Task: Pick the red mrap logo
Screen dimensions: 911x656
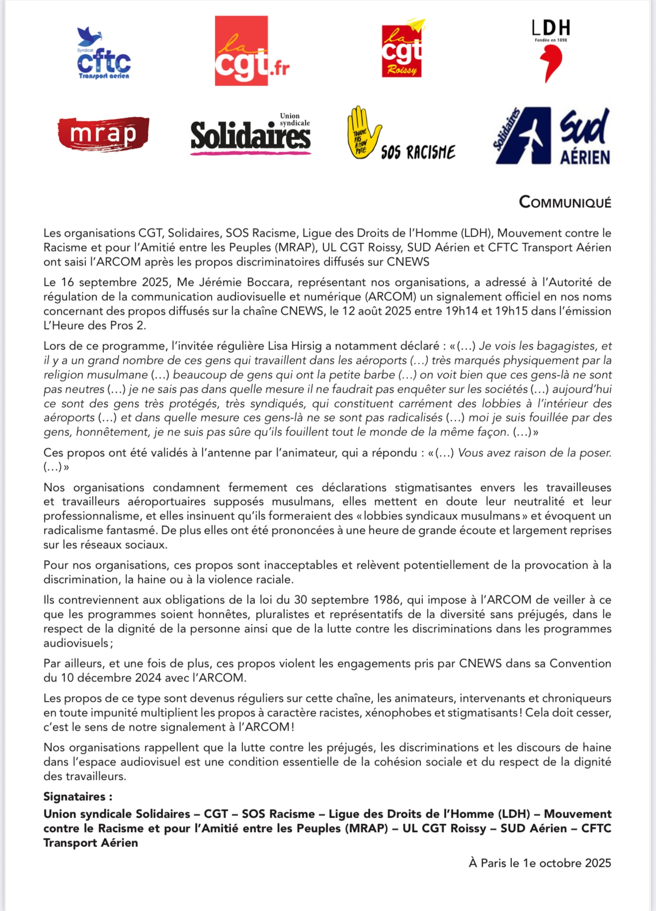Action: [103, 134]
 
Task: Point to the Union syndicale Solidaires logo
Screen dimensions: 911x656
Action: [251, 134]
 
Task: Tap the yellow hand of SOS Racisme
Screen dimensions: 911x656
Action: [362, 132]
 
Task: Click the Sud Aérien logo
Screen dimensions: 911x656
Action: [552, 135]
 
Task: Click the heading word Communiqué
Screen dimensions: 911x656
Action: [565, 202]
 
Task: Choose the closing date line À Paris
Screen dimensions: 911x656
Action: [540, 863]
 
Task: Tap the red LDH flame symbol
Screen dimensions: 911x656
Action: [552, 63]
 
